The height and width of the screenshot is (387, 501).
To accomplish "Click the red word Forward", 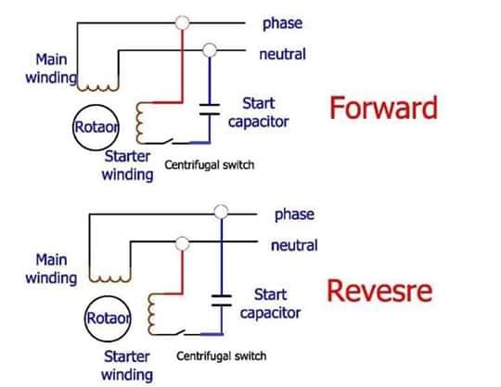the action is (x=383, y=108).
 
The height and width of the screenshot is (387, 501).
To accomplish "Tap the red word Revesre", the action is (x=379, y=290).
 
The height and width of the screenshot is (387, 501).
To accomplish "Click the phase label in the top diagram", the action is (x=282, y=23).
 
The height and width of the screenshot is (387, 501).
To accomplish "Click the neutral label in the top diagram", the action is (x=282, y=54).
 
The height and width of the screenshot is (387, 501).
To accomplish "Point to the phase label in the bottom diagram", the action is (x=294, y=214).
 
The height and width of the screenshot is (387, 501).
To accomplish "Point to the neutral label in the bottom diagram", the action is (x=294, y=245).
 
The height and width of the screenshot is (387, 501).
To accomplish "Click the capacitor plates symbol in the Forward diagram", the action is (x=210, y=109).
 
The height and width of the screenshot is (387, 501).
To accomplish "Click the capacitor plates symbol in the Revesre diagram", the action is (x=222, y=301).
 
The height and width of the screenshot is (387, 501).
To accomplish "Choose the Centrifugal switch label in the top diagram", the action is (x=210, y=165).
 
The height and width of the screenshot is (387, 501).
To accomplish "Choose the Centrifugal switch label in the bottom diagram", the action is (x=221, y=355).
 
